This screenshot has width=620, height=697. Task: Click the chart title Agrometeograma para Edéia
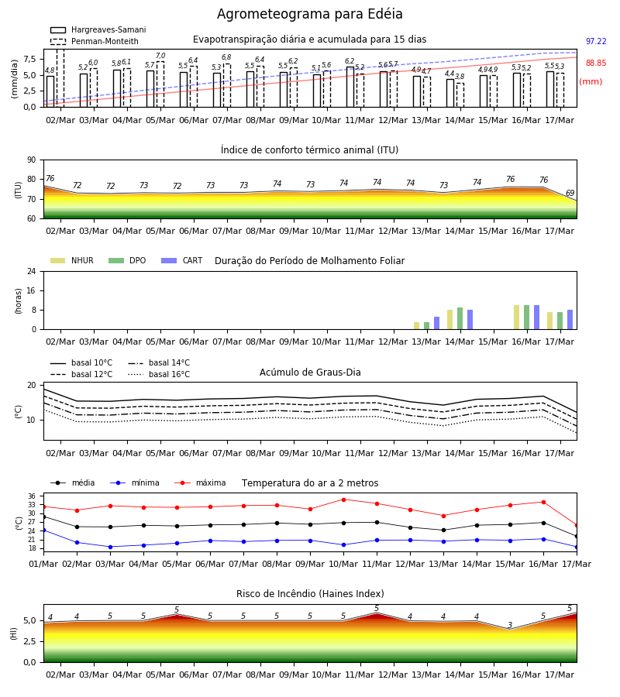pyautogui.click(x=309, y=14)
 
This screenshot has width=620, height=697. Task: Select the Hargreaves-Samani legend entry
pyautogui.click(x=98, y=29)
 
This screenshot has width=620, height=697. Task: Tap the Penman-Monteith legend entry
pyautogui.click(x=95, y=41)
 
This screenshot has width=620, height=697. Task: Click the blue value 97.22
pyautogui.click(x=596, y=41)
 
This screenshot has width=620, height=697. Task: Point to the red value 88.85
pyautogui.click(x=596, y=64)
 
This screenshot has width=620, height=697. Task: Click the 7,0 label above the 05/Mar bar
pyautogui.click(x=160, y=56)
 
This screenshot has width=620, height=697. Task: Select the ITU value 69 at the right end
pyautogui.click(x=570, y=193)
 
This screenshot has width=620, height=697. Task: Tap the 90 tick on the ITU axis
pyautogui.click(x=32, y=160)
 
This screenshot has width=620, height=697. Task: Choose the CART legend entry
pyautogui.click(x=182, y=260)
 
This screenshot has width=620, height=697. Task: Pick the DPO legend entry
pyautogui.click(x=127, y=260)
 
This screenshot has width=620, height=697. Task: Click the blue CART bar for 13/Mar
pyautogui.click(x=437, y=323)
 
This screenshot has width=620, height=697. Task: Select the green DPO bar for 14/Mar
pyautogui.click(x=460, y=318)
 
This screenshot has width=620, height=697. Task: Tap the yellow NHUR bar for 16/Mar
pyautogui.click(x=516, y=318)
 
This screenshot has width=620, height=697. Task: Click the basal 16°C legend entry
pyautogui.click(x=159, y=374)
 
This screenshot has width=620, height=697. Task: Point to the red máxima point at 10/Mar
pyautogui.click(x=343, y=500)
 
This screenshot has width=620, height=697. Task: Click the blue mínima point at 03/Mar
pyautogui.click(x=110, y=547)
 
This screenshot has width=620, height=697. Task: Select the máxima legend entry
pyautogui.click(x=200, y=482)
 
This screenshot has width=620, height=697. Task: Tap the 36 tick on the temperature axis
pyautogui.click(x=32, y=496)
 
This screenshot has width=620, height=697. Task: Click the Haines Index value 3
pyautogui.click(x=510, y=625)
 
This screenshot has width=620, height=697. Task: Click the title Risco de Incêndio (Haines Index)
pyautogui.click(x=310, y=594)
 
